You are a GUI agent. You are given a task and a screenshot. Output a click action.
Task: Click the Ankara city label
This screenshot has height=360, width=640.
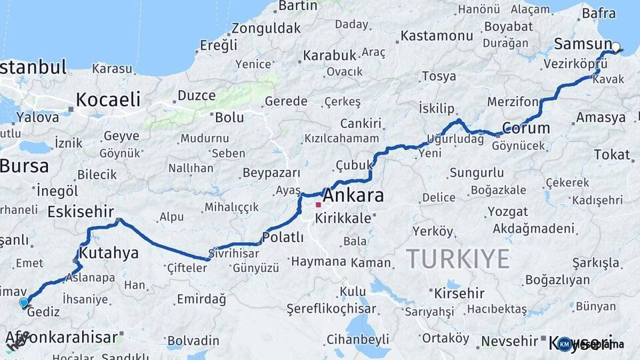[x=353, y=196]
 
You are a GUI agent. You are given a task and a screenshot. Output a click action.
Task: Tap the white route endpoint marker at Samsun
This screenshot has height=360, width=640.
[x=616, y=47]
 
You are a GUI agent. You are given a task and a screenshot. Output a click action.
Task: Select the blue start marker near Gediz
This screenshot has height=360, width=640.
[x=24, y=303]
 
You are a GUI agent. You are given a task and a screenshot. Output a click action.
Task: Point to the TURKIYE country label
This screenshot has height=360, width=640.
[x=458, y=258]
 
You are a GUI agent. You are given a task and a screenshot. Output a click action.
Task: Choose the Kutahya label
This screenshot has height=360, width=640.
[x=109, y=253]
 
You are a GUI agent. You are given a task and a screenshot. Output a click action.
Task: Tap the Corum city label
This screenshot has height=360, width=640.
[x=526, y=128]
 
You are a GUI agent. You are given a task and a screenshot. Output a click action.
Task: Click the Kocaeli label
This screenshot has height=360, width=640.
[x=108, y=100]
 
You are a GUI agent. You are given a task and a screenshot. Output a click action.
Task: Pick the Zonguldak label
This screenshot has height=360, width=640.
[x=267, y=29]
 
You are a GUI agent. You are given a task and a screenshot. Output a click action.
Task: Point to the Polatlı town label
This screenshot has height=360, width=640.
[x=283, y=237]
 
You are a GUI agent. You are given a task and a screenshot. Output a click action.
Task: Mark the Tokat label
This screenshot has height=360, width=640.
[x=611, y=155]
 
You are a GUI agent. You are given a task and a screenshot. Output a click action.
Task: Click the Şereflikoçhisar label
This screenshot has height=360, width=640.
[x=331, y=309]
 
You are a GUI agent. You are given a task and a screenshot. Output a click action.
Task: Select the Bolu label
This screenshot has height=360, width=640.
[x=229, y=117]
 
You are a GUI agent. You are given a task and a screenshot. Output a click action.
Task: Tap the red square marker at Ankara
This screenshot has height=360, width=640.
[x=319, y=204]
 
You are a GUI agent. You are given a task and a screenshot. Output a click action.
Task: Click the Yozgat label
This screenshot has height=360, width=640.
[x=507, y=212]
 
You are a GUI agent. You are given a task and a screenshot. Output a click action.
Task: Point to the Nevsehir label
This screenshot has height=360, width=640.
[x=509, y=341]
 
